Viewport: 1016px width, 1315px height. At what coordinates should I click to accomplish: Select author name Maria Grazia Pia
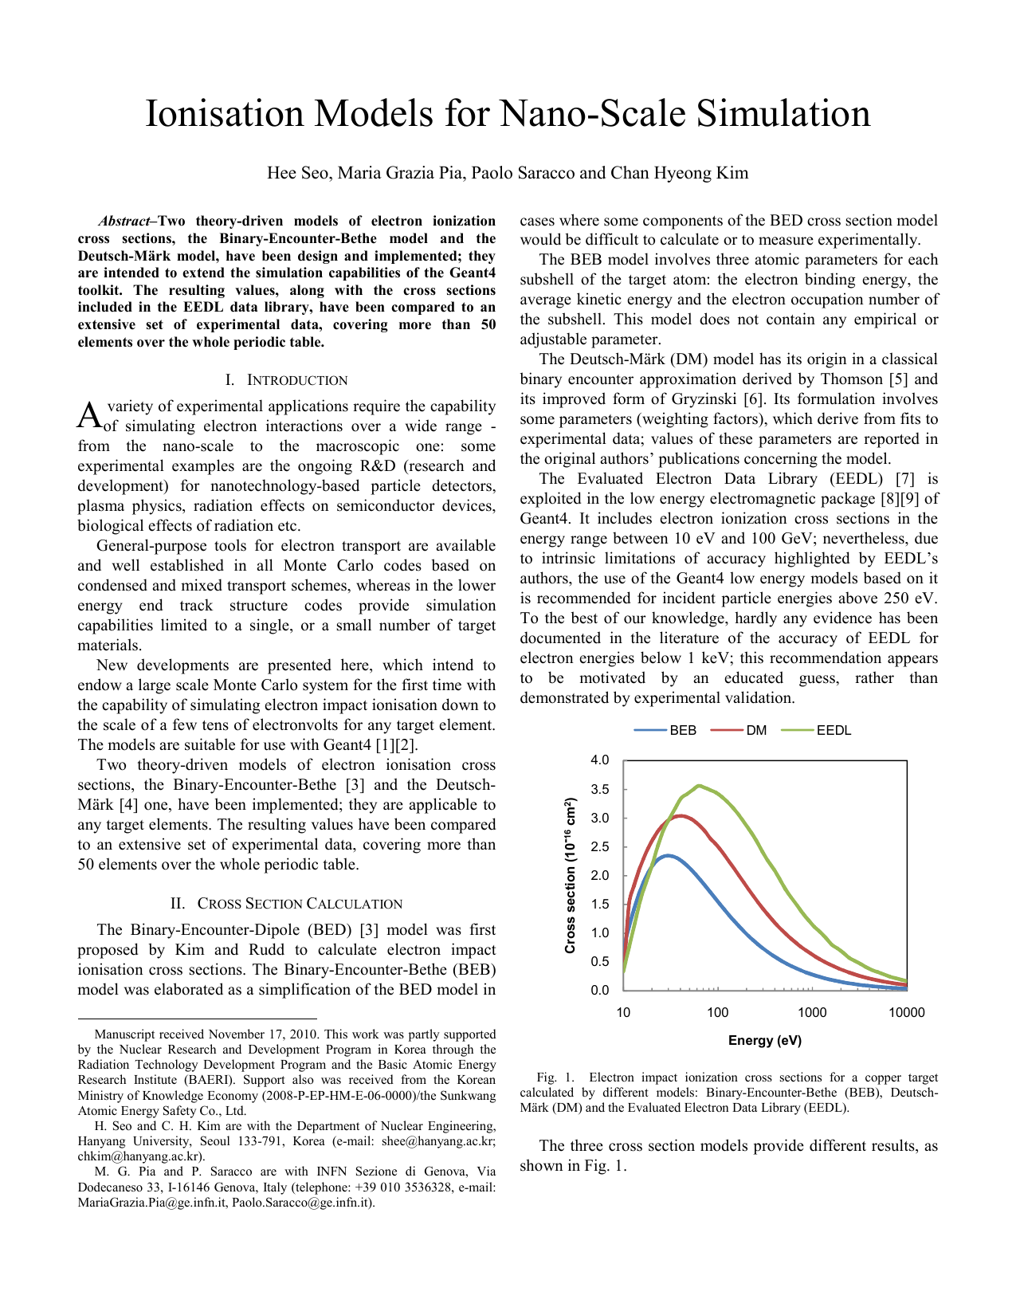tap(400, 173)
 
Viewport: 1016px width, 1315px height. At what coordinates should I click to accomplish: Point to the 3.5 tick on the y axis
tap(599, 789)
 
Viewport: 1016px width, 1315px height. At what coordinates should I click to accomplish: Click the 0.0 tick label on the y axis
tap(599, 990)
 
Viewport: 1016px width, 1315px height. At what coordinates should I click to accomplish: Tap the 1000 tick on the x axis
tap(812, 1013)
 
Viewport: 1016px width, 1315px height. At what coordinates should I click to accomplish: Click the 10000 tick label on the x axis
tap(906, 1013)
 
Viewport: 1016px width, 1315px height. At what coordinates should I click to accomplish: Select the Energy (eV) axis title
tap(765, 1040)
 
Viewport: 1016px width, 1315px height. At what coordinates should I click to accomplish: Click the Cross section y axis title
tap(570, 875)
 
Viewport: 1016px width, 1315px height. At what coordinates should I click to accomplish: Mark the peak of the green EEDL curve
tap(698, 786)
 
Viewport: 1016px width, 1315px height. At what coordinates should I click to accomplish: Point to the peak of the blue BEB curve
tap(668, 855)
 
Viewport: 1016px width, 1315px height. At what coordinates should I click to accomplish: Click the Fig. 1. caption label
tap(555, 1078)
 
